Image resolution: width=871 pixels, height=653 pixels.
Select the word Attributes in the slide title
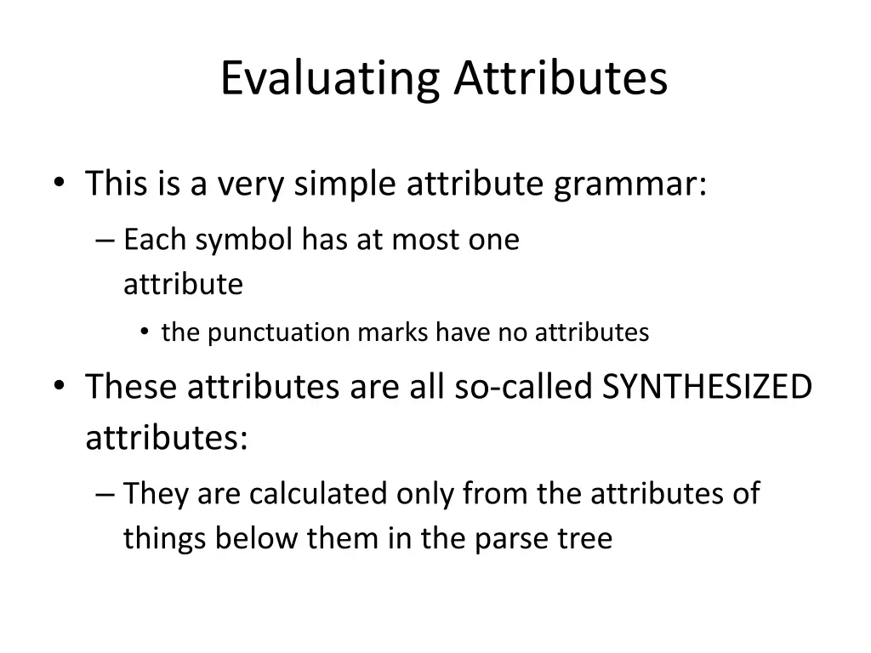point(561,78)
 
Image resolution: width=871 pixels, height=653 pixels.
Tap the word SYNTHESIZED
point(707,388)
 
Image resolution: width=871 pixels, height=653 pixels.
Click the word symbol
point(246,241)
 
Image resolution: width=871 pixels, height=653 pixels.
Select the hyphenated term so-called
point(524,388)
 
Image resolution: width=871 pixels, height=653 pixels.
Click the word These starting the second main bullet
point(131,388)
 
